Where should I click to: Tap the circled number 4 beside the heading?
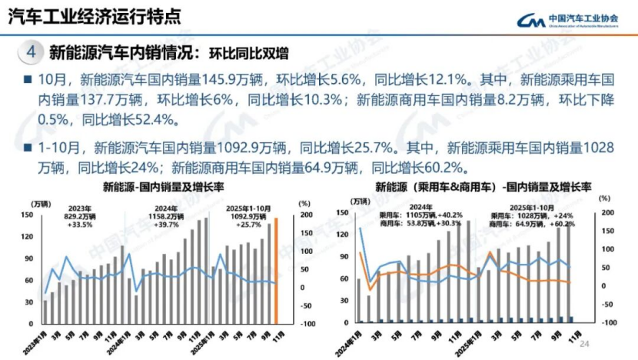click(31, 52)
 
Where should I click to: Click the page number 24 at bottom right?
click(583, 343)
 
